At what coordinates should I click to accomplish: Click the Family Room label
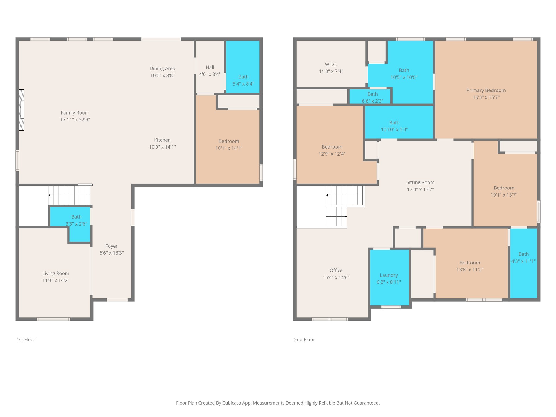pyautogui.click(x=75, y=113)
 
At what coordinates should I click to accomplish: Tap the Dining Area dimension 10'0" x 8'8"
pyautogui.click(x=162, y=75)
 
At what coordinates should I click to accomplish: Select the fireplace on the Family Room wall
pyautogui.click(x=21, y=110)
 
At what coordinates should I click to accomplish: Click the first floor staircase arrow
pyautogui.click(x=50, y=195)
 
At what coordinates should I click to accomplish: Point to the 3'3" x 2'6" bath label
pyautogui.click(x=76, y=224)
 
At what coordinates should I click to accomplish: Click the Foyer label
pyautogui.click(x=112, y=246)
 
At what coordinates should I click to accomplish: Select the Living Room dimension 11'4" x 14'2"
pyautogui.click(x=56, y=280)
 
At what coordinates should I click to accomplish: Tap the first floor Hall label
pyautogui.click(x=210, y=67)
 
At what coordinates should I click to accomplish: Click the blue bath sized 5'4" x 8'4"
pyautogui.click(x=243, y=67)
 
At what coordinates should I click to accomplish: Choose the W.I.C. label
pyautogui.click(x=331, y=64)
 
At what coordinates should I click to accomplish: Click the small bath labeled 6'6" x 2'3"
pyautogui.click(x=372, y=97)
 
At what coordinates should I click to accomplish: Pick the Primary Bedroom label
pyautogui.click(x=486, y=90)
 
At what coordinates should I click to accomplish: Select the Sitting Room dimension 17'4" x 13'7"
pyautogui.click(x=420, y=189)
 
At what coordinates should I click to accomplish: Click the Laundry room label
pyautogui.click(x=389, y=275)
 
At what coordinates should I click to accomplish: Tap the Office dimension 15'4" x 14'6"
pyautogui.click(x=336, y=277)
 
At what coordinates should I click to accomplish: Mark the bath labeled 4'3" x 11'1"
pyautogui.click(x=523, y=257)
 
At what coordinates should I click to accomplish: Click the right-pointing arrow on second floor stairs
pyautogui.click(x=345, y=216)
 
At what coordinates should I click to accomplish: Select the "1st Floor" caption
pyautogui.click(x=26, y=339)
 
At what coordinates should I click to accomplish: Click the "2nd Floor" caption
pyautogui.click(x=304, y=339)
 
